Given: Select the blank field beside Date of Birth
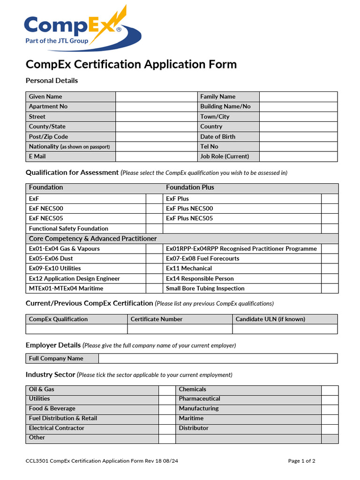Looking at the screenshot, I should click(x=298, y=136).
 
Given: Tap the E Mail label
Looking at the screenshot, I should click(x=37, y=157).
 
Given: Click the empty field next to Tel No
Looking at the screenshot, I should click(x=298, y=147).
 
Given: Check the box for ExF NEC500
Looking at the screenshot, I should click(x=154, y=209).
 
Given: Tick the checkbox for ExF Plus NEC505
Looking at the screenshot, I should click(x=330, y=218).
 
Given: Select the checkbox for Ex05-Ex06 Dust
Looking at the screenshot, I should click(x=154, y=259).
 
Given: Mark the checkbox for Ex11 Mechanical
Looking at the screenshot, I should click(x=330, y=269).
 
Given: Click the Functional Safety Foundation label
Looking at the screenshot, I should click(x=68, y=229).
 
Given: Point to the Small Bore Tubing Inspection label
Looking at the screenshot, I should click(x=205, y=289).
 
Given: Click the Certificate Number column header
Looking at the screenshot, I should click(x=157, y=319).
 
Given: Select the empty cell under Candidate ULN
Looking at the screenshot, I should click(x=285, y=329).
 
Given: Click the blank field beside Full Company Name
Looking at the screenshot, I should click(x=217, y=359).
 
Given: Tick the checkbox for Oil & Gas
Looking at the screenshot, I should click(x=166, y=390).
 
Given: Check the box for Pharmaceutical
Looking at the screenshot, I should click(x=330, y=399).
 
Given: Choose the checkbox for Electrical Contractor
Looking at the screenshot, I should click(x=166, y=428).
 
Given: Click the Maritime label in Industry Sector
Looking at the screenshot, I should click(x=191, y=419).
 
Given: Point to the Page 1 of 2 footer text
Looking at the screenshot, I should click(x=301, y=461).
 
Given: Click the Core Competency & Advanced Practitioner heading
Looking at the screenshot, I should click(x=93, y=239).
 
